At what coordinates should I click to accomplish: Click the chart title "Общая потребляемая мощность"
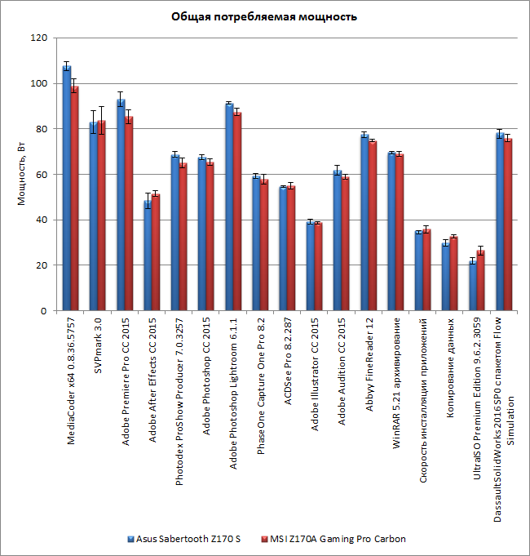pos(264,16)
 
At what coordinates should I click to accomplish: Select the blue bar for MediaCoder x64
pos(67,188)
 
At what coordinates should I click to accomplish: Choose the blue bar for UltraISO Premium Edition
pos(473,286)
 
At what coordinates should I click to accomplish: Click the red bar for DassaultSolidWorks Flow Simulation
pos(508,225)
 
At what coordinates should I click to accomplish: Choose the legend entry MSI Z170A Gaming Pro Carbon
pos(337,539)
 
